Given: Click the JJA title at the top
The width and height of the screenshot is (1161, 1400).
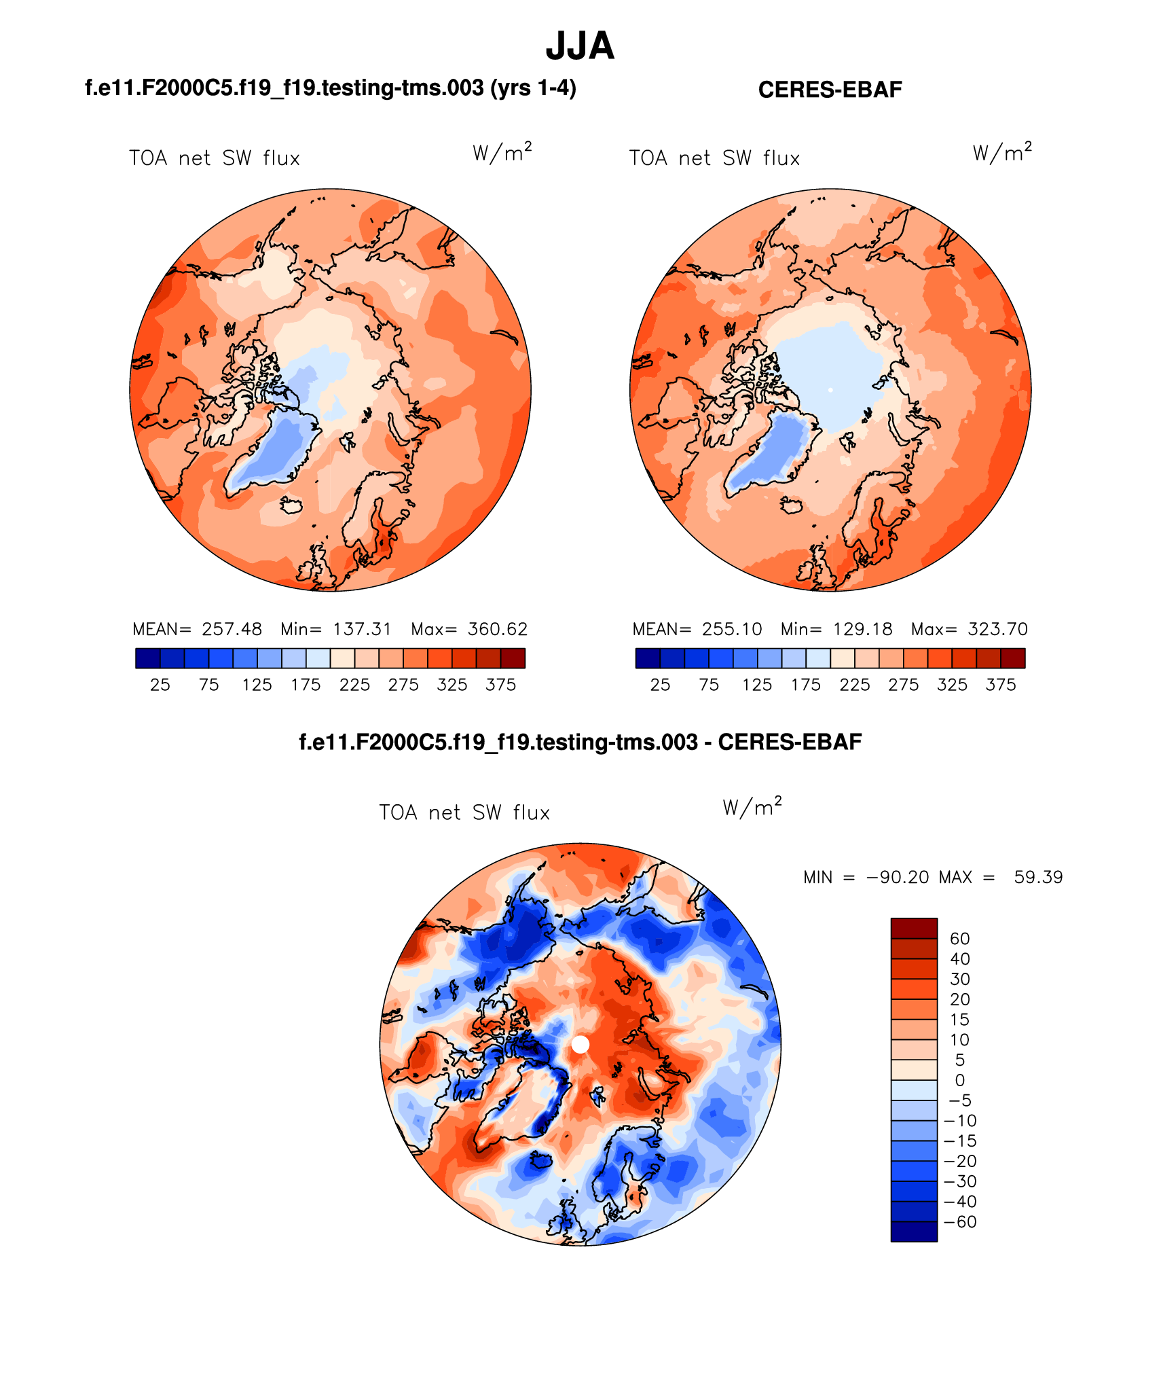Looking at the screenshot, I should pos(580,46).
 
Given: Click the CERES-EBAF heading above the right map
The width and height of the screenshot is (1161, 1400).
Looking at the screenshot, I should pos(830,90).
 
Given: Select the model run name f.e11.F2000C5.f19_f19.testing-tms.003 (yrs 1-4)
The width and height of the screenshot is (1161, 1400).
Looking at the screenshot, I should pos(330,88).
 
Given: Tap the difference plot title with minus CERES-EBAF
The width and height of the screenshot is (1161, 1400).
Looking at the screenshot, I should pos(580,742).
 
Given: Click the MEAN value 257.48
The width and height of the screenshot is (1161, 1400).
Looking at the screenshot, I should pos(232,629).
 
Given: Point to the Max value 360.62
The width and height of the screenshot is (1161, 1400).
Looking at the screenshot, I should pos(497,629).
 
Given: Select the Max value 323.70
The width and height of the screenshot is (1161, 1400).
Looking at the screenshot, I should pos(998,629).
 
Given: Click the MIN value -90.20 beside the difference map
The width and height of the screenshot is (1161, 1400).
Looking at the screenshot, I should pos(898,877).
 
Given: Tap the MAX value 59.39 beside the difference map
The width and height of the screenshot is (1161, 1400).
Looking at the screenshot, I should pos(1038,877).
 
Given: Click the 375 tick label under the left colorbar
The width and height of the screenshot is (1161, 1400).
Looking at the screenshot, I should pos(500,685).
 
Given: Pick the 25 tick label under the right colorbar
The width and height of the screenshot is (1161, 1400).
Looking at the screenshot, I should pos(660,685).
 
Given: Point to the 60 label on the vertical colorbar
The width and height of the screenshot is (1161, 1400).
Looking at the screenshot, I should pos(959,939).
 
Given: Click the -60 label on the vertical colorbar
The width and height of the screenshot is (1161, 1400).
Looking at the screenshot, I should pos(959,1222).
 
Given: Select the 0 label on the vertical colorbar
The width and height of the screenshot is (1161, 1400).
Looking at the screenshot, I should pos(959,1080).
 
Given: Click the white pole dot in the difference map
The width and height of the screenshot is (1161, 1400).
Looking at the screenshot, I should pos(580,1045).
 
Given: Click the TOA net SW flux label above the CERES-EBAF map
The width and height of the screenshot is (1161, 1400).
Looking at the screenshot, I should pos(714,158).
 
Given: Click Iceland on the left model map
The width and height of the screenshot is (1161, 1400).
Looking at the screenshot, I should pos(292,505).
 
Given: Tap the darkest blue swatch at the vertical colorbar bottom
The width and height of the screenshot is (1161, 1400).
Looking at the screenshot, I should pos(914,1232).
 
